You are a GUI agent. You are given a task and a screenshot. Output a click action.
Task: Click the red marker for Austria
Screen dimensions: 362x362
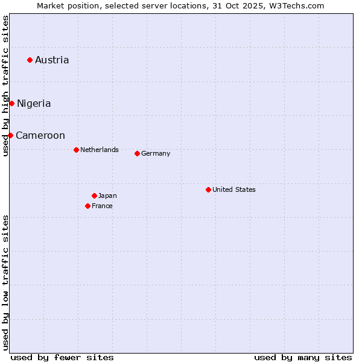coord(30,60)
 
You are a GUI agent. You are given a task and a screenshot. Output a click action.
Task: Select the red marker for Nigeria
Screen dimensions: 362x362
coord(11,103)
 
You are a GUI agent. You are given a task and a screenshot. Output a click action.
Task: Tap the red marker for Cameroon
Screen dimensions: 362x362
coord(10,135)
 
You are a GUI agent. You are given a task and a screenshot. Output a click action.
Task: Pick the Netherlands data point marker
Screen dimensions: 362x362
coord(76,150)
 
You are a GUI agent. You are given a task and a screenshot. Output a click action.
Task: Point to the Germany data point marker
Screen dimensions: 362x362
coord(137,153)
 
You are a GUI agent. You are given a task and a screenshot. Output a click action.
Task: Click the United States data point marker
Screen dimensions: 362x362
coord(208,189)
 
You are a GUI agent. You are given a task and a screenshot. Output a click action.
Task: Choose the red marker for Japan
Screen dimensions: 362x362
coord(94,195)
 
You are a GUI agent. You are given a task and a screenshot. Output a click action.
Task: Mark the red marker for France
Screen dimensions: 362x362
coord(87,206)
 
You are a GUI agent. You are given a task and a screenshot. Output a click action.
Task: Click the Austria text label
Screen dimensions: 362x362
coord(52,60)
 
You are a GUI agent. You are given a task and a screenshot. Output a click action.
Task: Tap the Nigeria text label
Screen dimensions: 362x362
coord(34,103)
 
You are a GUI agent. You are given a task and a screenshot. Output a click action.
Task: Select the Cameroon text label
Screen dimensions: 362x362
coord(40,135)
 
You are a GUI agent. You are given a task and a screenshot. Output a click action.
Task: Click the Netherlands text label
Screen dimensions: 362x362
coord(100,150)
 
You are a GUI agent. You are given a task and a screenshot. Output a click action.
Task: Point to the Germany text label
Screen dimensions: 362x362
coord(156,153)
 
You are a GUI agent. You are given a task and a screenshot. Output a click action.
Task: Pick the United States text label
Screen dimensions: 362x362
coord(234,189)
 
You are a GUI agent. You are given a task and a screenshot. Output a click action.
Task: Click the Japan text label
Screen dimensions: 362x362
coord(107,195)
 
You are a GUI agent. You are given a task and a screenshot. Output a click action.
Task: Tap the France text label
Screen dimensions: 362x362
coord(102,206)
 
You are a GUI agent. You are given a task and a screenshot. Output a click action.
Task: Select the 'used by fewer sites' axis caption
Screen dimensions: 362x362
coord(62,357)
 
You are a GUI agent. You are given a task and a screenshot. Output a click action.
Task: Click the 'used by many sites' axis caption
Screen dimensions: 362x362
coord(303,357)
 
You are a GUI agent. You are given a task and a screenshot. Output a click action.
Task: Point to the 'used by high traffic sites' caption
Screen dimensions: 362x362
coord(5,86)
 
